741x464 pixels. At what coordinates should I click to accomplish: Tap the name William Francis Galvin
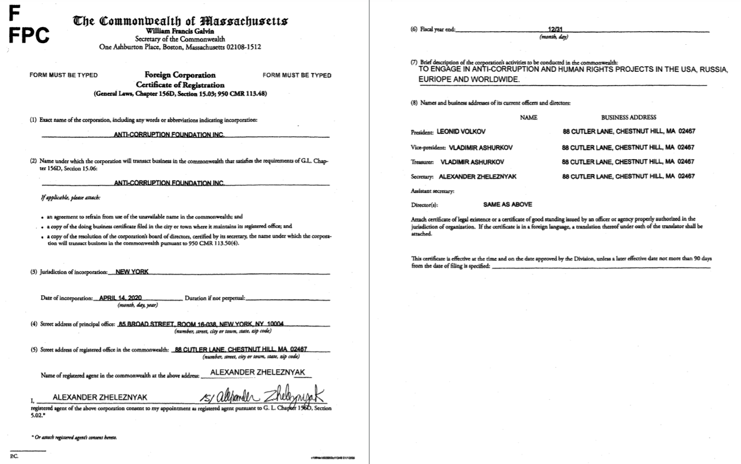[x=180, y=30]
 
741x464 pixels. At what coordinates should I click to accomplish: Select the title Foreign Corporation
[x=180, y=75]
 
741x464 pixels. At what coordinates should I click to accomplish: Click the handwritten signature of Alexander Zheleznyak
[x=263, y=397]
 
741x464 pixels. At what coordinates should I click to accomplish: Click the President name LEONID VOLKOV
[x=461, y=131]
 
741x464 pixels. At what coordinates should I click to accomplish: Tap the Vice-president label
[x=428, y=146]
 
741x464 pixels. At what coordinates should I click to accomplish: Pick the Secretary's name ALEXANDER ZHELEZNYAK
[x=477, y=176]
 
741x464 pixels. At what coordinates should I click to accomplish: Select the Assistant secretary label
[x=432, y=191]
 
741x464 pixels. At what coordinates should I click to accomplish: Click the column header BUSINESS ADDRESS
[x=629, y=117]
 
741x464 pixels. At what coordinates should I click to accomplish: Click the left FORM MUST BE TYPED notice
[x=63, y=75]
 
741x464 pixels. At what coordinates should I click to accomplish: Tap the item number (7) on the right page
[x=414, y=61]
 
